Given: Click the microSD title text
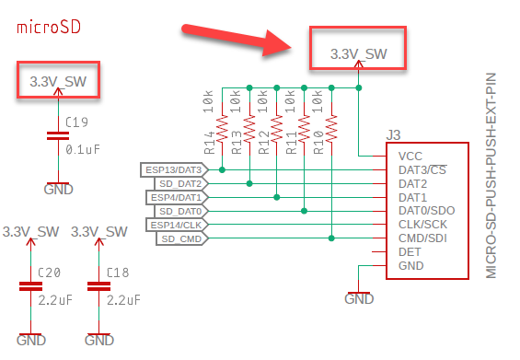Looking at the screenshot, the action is pos(49,28).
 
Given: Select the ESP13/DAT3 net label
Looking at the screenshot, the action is pos(175,170).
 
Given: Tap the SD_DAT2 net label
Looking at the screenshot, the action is pos(181,183).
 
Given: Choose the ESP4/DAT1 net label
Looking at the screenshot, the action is pos(177,197).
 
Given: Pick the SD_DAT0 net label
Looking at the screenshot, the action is pos(181,211).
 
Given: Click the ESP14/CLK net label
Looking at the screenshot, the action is pos(177,225).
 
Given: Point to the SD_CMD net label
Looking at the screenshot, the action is pos(182,238).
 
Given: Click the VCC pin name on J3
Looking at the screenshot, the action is pos(410,157).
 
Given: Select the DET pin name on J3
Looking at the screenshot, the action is pos(410,252).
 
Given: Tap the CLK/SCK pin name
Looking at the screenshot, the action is pos(422,225).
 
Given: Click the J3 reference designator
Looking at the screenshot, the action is pos(393,135).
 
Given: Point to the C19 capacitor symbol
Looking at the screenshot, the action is pos(58,136).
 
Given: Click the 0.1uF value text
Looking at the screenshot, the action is pos(83,150).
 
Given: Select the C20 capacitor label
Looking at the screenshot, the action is pos(49,273).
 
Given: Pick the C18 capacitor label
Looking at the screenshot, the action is pos(118,273).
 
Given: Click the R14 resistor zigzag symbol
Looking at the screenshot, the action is pos(222,128).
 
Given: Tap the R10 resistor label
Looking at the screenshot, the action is pos(318,143).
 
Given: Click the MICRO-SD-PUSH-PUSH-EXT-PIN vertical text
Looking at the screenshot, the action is pos(491,176).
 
